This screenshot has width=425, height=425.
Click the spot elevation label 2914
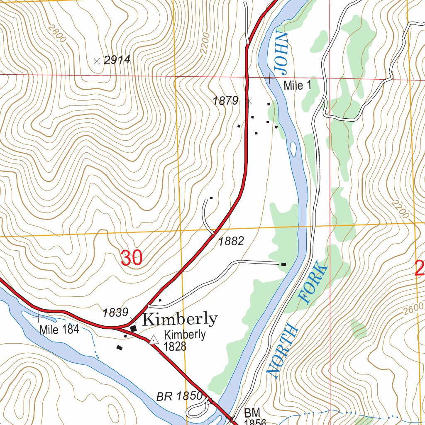(117, 60)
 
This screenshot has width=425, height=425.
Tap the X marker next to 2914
(97, 61)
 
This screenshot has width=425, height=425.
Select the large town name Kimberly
(179, 319)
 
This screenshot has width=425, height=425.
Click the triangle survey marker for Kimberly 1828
(154, 340)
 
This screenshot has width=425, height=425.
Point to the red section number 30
(132, 258)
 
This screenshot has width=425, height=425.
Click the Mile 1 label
(297, 86)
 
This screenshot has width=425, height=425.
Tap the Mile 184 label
(59, 330)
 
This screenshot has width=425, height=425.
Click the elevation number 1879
(225, 100)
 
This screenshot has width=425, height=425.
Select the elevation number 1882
(231, 241)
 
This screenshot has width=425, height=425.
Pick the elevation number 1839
(115, 313)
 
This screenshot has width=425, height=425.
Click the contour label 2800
(57, 33)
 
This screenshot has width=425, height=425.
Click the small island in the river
(293, 149)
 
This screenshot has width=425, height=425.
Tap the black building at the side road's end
(283, 264)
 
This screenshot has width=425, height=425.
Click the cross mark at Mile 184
(39, 316)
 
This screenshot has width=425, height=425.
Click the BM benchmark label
(252, 413)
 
